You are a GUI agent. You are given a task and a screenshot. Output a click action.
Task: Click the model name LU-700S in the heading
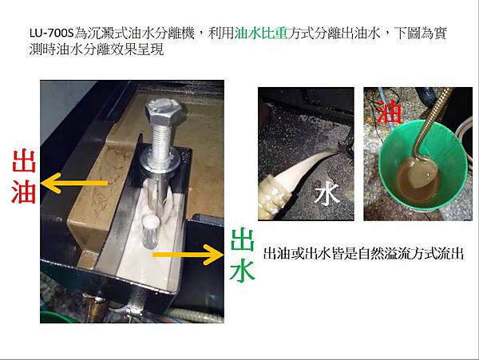coord(52,33)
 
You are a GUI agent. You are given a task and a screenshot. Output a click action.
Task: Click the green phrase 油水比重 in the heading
coord(261,33)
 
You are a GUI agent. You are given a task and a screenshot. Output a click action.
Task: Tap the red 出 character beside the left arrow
coord(24,161)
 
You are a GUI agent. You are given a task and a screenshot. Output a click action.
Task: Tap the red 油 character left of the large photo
coord(24,192)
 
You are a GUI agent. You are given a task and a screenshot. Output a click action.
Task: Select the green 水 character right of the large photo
coord(243,271)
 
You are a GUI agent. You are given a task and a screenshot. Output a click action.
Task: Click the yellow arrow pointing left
coord(74,183)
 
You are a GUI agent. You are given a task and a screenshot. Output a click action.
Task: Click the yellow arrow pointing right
coord(188,255)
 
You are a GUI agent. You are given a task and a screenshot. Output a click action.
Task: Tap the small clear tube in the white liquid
coord(150,231)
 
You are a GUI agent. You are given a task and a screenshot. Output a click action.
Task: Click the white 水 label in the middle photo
coord(327,194)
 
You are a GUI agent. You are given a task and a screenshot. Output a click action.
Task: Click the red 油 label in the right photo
coord(389,111)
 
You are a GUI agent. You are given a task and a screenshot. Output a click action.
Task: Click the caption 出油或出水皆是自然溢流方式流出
coord(363,253)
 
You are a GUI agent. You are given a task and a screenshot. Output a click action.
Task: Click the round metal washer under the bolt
coord(160,161)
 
